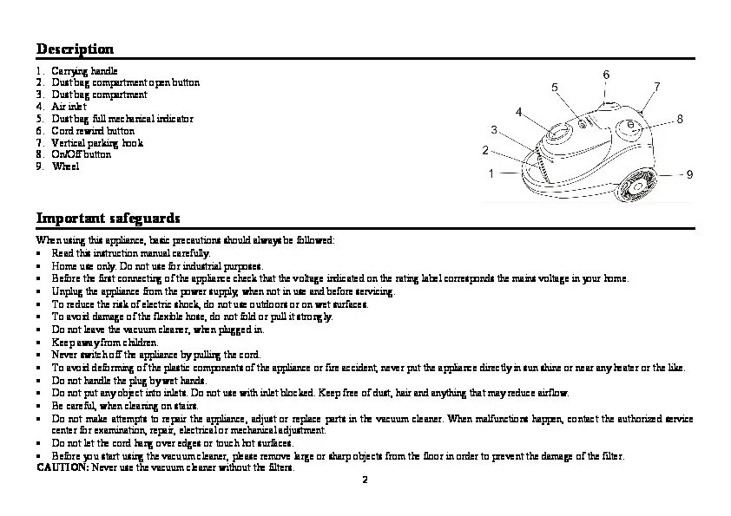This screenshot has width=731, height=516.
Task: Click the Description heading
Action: [75, 49]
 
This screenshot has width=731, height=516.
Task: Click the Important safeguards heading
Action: [108, 217]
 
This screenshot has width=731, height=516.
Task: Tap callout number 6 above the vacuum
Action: [605, 75]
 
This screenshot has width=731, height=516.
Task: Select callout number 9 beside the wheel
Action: [689, 174]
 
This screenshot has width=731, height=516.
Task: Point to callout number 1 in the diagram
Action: [491, 173]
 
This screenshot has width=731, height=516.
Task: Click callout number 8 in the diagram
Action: [680, 118]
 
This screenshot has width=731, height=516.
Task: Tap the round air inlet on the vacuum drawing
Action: [559, 134]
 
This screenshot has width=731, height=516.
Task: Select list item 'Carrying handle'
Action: [84, 70]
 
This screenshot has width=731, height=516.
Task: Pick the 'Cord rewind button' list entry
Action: [93, 131]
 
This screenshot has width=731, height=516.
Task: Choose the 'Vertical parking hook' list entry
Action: [97, 143]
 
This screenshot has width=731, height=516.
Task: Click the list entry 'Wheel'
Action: [65, 167]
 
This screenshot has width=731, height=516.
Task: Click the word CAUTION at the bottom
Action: [62, 467]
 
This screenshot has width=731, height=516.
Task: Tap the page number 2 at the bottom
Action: [365, 480]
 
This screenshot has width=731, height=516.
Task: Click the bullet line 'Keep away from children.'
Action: [104, 343]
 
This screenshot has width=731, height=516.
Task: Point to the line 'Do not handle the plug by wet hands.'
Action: [129, 380]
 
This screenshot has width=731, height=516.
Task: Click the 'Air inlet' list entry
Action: [69, 107]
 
